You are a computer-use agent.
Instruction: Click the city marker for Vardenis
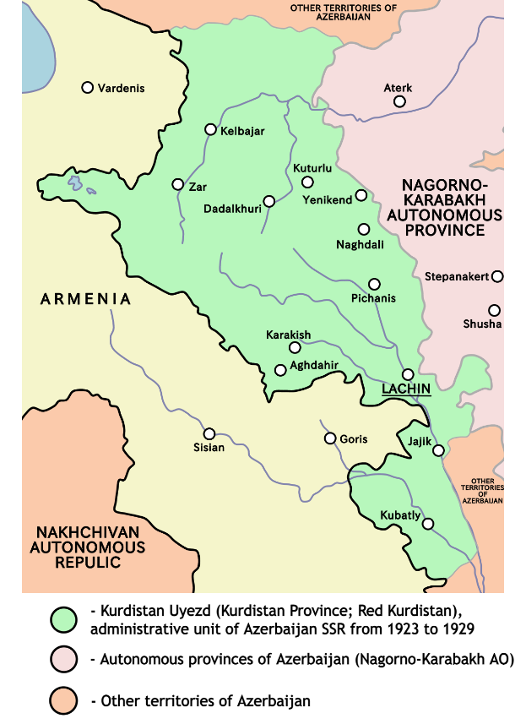pos(87,88)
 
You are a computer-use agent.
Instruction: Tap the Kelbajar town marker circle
pos(211,130)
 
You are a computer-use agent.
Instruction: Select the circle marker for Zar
pos(177,184)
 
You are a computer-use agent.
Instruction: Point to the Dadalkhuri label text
pos(232,208)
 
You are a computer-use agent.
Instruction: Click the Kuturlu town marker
pos(307,182)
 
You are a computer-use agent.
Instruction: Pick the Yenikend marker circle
pos(361,195)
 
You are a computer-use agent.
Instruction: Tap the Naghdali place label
pos(361,245)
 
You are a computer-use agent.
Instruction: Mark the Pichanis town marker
pos(374,284)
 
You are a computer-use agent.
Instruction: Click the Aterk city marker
pos(399,101)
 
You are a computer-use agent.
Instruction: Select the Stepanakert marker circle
pos(498,276)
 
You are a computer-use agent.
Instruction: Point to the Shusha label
pos(482,324)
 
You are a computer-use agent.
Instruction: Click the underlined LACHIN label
pos(407,389)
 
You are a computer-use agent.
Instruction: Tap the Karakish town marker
pos(295,347)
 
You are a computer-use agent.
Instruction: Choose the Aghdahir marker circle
pos(280,370)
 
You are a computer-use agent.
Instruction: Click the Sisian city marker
pos(209,433)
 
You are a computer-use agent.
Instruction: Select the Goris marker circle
pos(330,438)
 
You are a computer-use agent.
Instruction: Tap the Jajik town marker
pos(438,450)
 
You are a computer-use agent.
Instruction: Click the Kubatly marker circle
pos(428,524)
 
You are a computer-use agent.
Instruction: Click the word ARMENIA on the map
pos(86,299)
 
